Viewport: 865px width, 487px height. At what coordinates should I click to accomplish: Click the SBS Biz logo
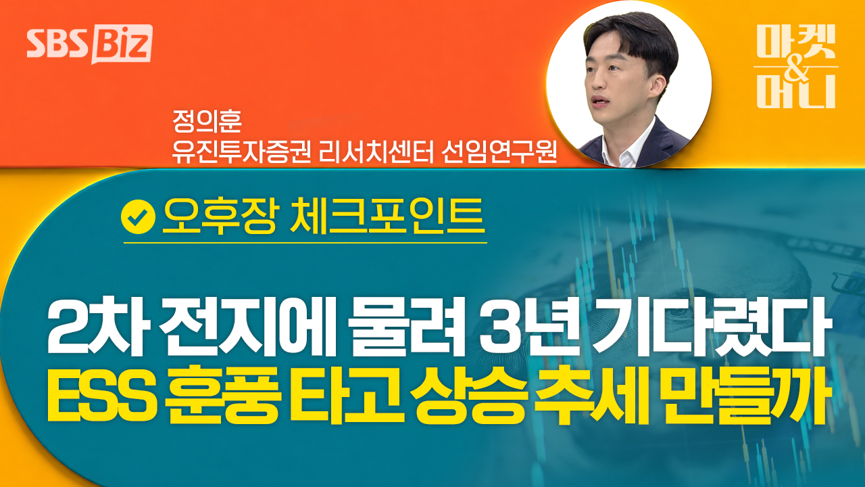90,44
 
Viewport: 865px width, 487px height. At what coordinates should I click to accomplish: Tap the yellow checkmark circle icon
138,217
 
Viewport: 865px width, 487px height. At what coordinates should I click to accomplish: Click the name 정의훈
207,121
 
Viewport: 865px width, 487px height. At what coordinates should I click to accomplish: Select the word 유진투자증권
242,152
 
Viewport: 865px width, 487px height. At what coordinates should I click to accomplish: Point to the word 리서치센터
376,152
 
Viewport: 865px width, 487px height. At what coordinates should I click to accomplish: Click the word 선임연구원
499,152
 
